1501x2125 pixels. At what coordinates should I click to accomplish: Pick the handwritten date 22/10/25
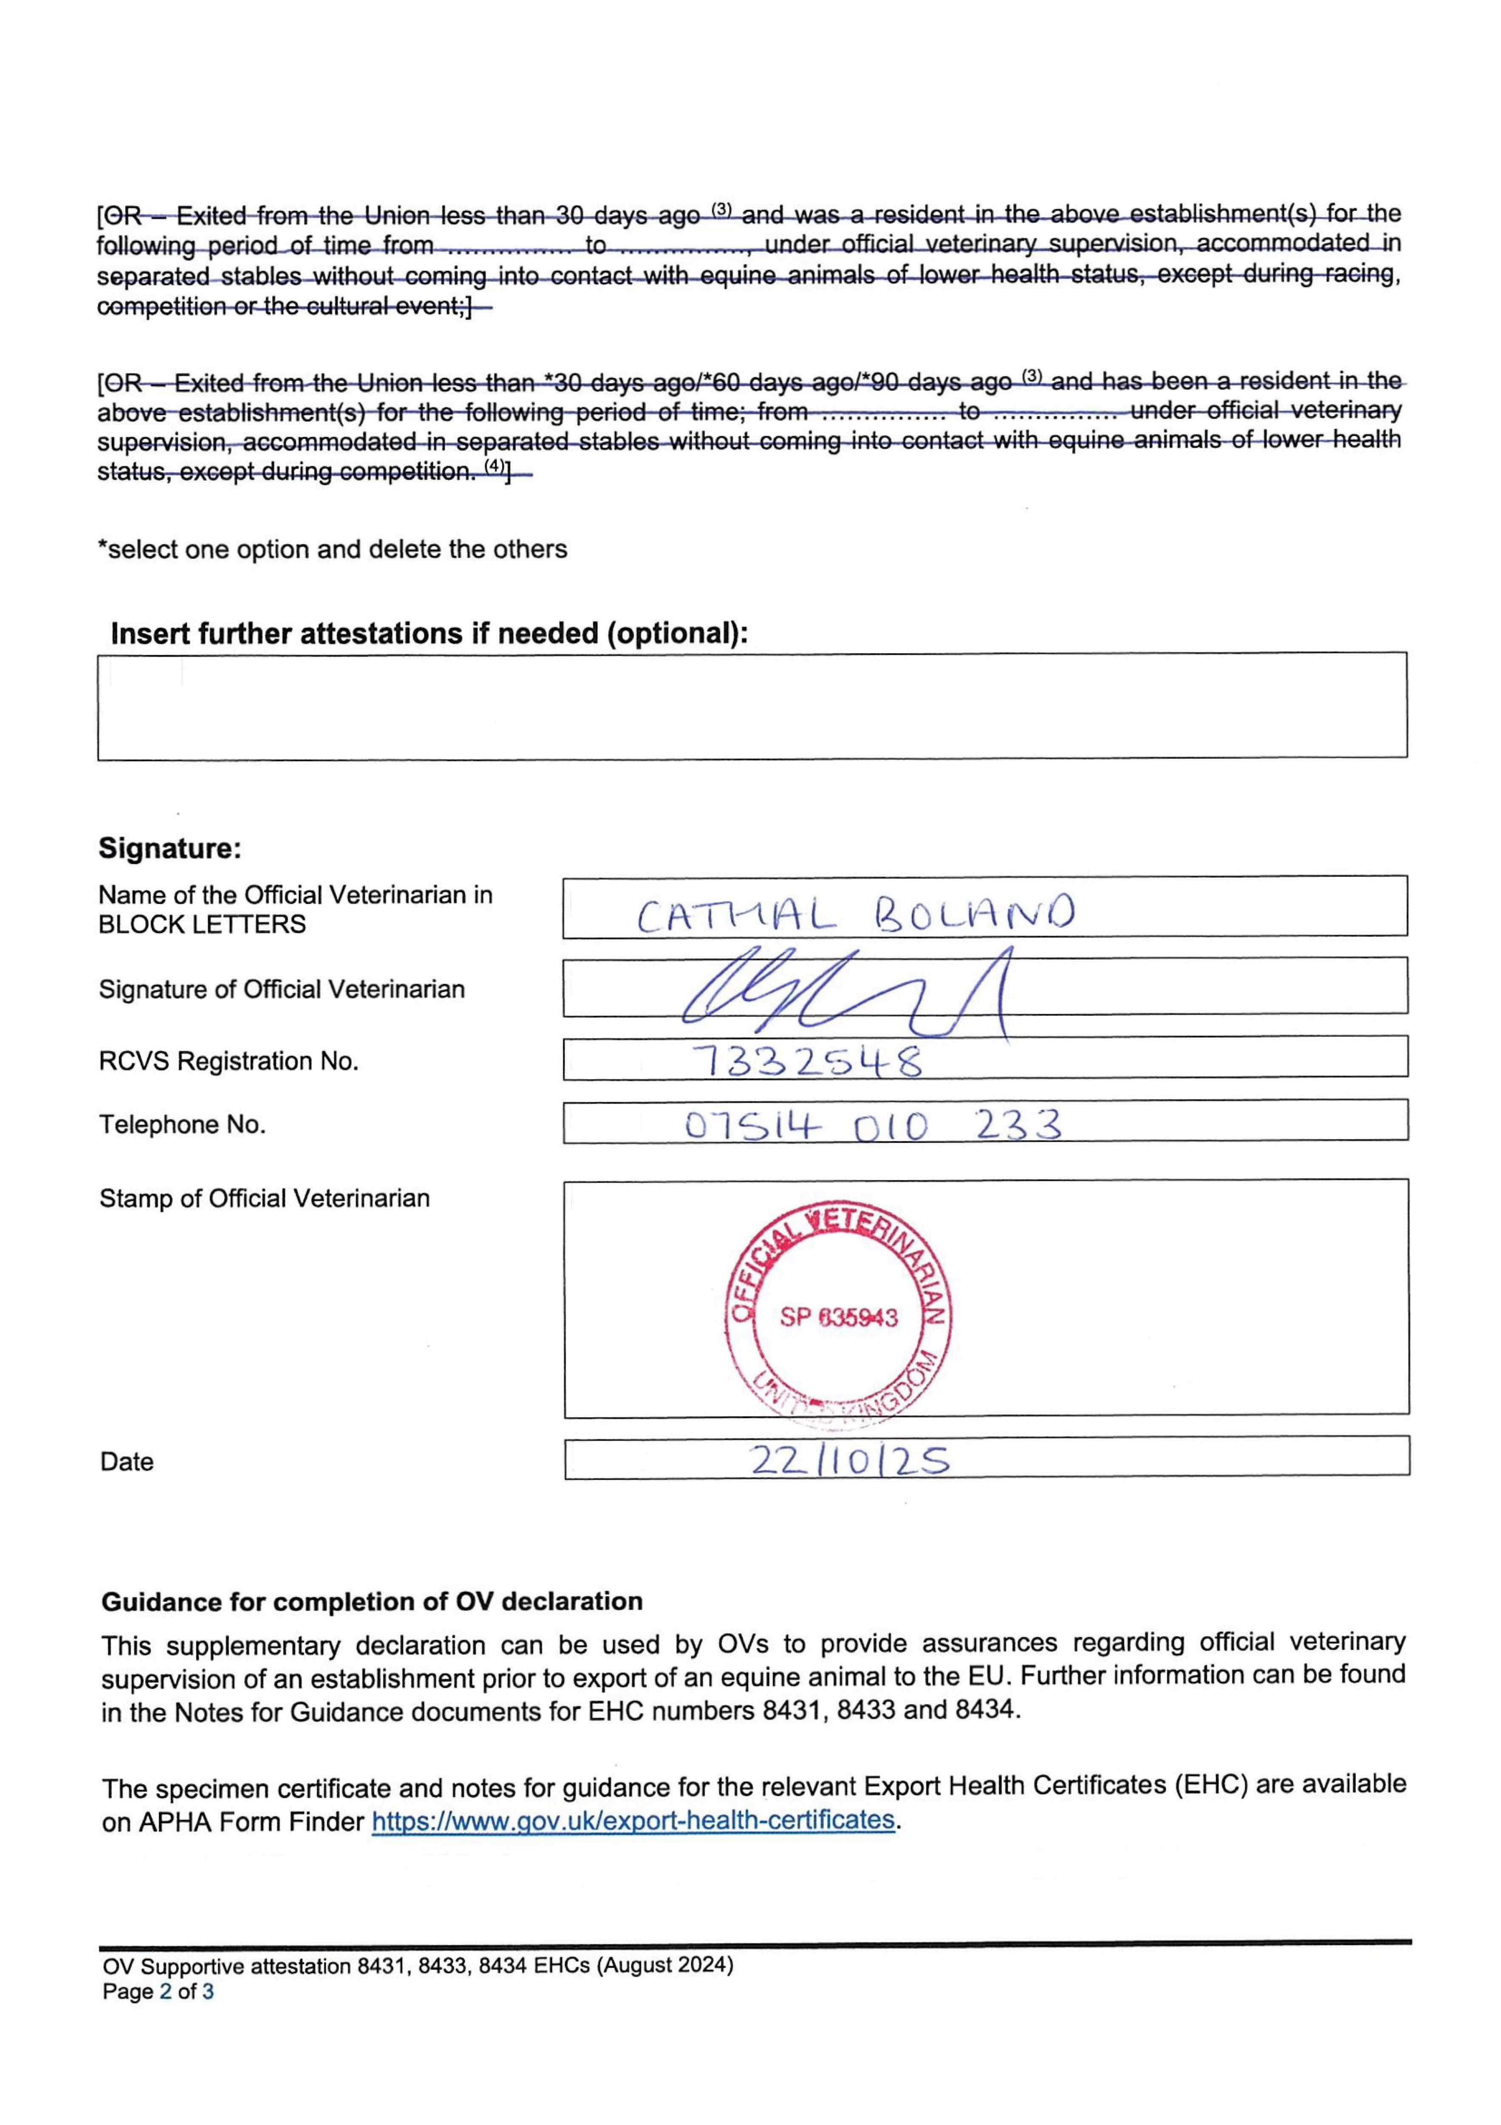click(848, 1460)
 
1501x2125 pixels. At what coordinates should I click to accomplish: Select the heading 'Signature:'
click(170, 848)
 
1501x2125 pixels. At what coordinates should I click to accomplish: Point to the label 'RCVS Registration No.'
click(228, 1061)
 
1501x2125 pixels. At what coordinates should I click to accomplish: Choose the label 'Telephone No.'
click(181, 1125)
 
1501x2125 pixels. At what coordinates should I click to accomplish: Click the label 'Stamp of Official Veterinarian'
click(264, 1198)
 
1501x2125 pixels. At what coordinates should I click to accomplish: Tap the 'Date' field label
click(127, 1462)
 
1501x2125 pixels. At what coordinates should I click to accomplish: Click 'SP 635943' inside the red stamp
click(837, 1317)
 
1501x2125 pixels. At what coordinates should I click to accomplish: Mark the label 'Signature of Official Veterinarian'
click(281, 989)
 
